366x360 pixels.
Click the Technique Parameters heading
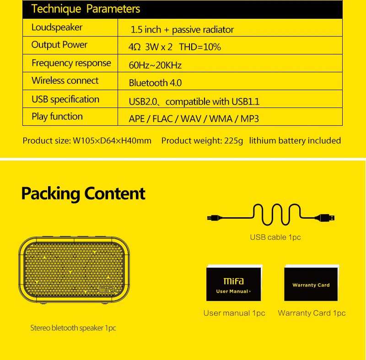[x=86, y=9]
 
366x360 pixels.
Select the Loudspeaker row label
[x=57, y=27]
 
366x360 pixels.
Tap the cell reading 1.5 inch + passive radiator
[x=182, y=30]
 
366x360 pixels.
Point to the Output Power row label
[x=59, y=45]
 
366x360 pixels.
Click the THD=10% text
[x=200, y=47]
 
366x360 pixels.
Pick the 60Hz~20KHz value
[x=155, y=65]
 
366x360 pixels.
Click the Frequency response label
[x=71, y=63]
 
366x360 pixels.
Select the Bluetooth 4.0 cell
[x=155, y=83]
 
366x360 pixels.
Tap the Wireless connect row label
[x=65, y=81]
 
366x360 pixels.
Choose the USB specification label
[x=65, y=99]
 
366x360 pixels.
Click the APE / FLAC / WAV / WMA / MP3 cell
[x=194, y=119]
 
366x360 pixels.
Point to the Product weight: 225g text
[x=202, y=141]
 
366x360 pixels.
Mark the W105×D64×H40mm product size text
[x=112, y=141]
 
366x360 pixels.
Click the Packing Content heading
[x=83, y=193]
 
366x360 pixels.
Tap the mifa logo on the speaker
[x=106, y=290]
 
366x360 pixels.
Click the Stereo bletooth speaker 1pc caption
[x=73, y=328]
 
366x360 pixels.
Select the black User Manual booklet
[x=233, y=284]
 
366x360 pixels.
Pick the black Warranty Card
[x=311, y=284]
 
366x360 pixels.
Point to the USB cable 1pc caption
[x=275, y=237]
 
